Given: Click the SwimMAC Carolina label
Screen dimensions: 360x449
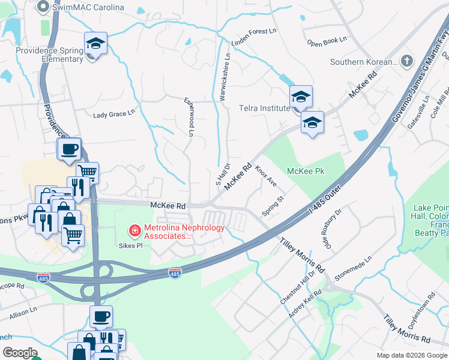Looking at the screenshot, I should (x=88, y=8).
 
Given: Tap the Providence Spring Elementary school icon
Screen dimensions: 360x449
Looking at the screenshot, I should (x=95, y=44).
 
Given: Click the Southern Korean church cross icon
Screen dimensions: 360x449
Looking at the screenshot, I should (x=407, y=61).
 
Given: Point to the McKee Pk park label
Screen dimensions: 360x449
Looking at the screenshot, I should (x=306, y=171).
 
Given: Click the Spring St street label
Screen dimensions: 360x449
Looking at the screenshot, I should (x=273, y=206).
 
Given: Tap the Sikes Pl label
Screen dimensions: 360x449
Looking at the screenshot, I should (x=130, y=245).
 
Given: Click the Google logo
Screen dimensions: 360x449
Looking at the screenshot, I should (x=20, y=353).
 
